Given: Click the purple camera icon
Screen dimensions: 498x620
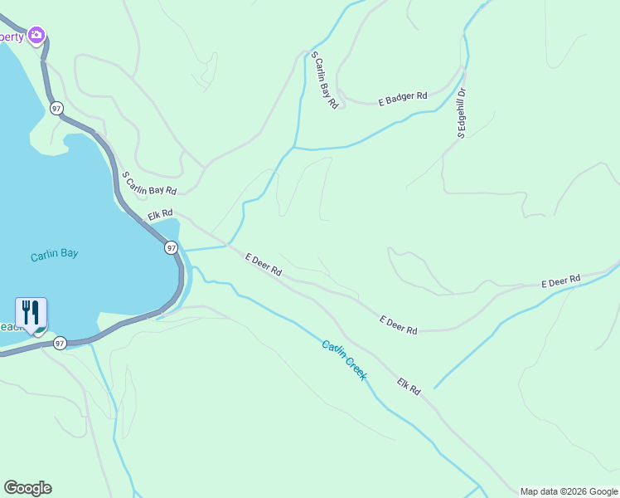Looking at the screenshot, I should [x=36, y=35].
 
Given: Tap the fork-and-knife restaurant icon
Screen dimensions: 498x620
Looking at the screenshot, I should [x=31, y=313].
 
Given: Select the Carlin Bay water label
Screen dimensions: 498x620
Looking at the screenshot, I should [x=54, y=254].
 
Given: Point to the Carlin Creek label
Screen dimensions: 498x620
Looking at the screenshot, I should [x=344, y=360].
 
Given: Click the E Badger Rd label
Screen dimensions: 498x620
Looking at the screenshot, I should [x=403, y=97].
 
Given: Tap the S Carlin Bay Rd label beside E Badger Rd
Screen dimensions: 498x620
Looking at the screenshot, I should [x=324, y=81].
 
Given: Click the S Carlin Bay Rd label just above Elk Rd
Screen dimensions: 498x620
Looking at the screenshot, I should [x=149, y=183].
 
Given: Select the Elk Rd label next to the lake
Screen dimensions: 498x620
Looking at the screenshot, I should [x=160, y=215].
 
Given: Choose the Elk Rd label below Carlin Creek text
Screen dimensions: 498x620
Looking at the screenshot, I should [x=409, y=386].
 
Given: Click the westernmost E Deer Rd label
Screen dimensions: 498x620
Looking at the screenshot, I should [x=264, y=265].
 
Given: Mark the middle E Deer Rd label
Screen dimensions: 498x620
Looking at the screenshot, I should [x=398, y=325].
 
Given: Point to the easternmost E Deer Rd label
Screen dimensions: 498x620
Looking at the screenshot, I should [x=561, y=282].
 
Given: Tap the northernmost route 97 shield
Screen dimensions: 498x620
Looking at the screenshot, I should [x=56, y=108].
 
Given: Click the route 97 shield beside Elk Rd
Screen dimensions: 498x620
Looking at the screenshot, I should [x=171, y=247].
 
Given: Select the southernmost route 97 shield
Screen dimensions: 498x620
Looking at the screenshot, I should [x=60, y=343].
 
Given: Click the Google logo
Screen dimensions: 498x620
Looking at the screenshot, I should [x=27, y=488].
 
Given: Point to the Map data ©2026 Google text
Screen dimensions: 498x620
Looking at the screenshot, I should [x=569, y=491].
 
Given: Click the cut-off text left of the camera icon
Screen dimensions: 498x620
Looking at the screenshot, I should [x=12, y=37].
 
